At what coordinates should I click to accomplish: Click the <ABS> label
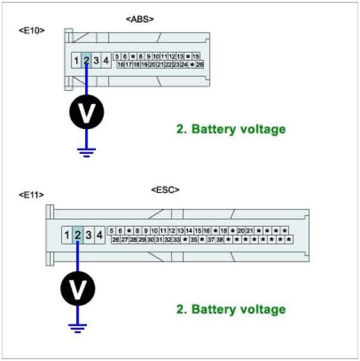(140, 20)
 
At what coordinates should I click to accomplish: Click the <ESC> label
(166, 190)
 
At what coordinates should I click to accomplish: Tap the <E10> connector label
(31, 30)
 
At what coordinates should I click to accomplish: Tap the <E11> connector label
(31, 194)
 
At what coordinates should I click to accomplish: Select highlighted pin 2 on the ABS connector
(86, 60)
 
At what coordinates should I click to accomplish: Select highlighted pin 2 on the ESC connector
(77, 236)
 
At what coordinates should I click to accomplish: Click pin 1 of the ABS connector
(76, 60)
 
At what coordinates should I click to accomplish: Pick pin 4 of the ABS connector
(106, 60)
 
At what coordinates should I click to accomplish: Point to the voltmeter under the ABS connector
(87, 113)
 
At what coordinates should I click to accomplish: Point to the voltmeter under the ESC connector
(77, 289)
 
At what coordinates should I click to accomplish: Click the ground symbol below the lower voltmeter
(77, 326)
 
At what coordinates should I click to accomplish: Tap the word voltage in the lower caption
(262, 309)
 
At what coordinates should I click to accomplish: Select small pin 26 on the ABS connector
(200, 64)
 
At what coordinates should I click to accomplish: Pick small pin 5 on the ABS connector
(118, 56)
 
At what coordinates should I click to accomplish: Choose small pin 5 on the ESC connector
(112, 231)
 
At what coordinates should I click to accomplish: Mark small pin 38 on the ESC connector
(219, 240)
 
